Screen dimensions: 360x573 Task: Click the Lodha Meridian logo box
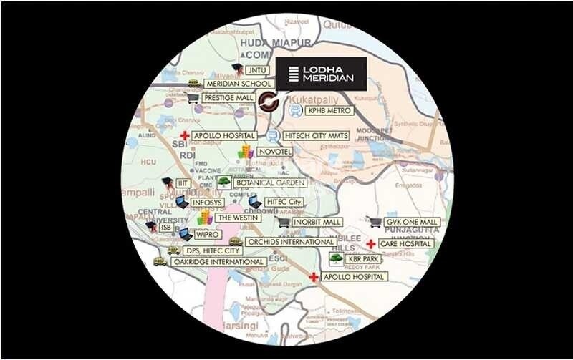[x=322, y=73]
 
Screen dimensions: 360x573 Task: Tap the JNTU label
[x=255, y=70]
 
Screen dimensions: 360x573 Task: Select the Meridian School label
[x=228, y=84]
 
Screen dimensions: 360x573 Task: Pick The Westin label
[x=236, y=217]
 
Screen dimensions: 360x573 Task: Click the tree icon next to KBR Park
[x=334, y=258]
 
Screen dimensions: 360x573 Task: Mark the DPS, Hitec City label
[x=213, y=251]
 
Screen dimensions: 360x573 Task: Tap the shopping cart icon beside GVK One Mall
[x=374, y=222]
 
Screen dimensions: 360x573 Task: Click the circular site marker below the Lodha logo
[x=269, y=102]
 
